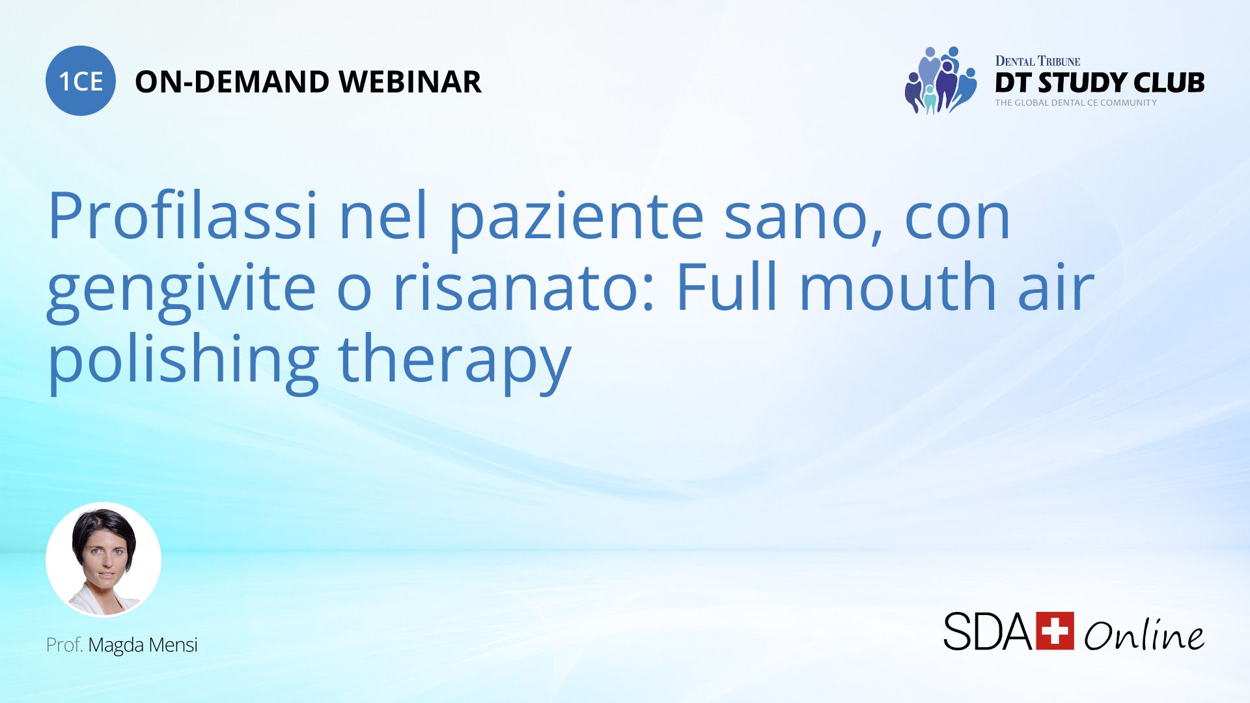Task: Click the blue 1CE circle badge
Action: pyautogui.click(x=81, y=81)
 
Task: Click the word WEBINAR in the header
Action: pyautogui.click(x=410, y=82)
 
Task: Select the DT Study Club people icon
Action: pyautogui.click(x=941, y=80)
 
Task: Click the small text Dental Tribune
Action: pyautogui.click(x=1038, y=61)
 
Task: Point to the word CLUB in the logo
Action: pyautogui.click(x=1169, y=83)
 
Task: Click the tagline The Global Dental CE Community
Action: pyautogui.click(x=1076, y=103)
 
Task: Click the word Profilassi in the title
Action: pyautogui.click(x=183, y=215)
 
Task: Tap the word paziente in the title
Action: pyautogui.click(x=577, y=221)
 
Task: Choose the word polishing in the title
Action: pyautogui.click(x=183, y=362)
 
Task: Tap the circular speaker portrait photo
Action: pyautogui.click(x=104, y=560)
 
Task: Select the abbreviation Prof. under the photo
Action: pyautogui.click(x=64, y=645)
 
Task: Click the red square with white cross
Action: pyautogui.click(x=1055, y=631)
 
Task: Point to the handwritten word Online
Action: pyautogui.click(x=1145, y=634)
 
